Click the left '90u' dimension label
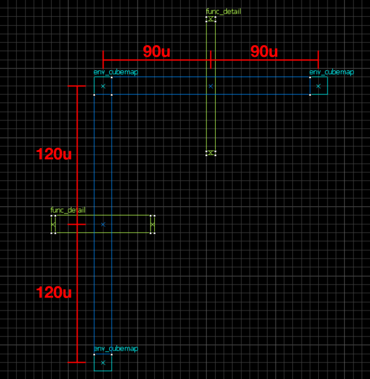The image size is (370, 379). (x=157, y=52)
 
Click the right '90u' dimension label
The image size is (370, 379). (x=264, y=52)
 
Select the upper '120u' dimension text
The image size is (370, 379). (x=54, y=154)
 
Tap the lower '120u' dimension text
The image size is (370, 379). (x=54, y=292)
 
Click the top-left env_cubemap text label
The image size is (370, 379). (x=116, y=72)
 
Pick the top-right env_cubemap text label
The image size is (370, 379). (x=332, y=72)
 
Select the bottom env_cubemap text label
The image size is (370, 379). (x=116, y=349)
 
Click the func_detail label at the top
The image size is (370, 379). (x=223, y=11)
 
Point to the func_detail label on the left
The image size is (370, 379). (x=68, y=210)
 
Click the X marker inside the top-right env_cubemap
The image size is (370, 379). (x=318, y=86)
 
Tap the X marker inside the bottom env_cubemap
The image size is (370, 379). (x=103, y=362)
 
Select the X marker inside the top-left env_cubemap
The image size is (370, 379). (x=103, y=86)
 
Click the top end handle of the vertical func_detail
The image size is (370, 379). (x=211, y=19)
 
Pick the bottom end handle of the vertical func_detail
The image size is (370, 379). (x=211, y=152)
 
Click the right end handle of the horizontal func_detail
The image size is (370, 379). (x=153, y=224)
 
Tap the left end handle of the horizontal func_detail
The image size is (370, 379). (x=53, y=224)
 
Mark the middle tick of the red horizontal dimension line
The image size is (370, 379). (x=211, y=60)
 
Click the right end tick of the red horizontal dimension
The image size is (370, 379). (x=318, y=60)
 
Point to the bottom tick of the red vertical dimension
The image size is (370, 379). (x=76, y=362)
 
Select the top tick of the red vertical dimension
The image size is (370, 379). (x=76, y=86)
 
